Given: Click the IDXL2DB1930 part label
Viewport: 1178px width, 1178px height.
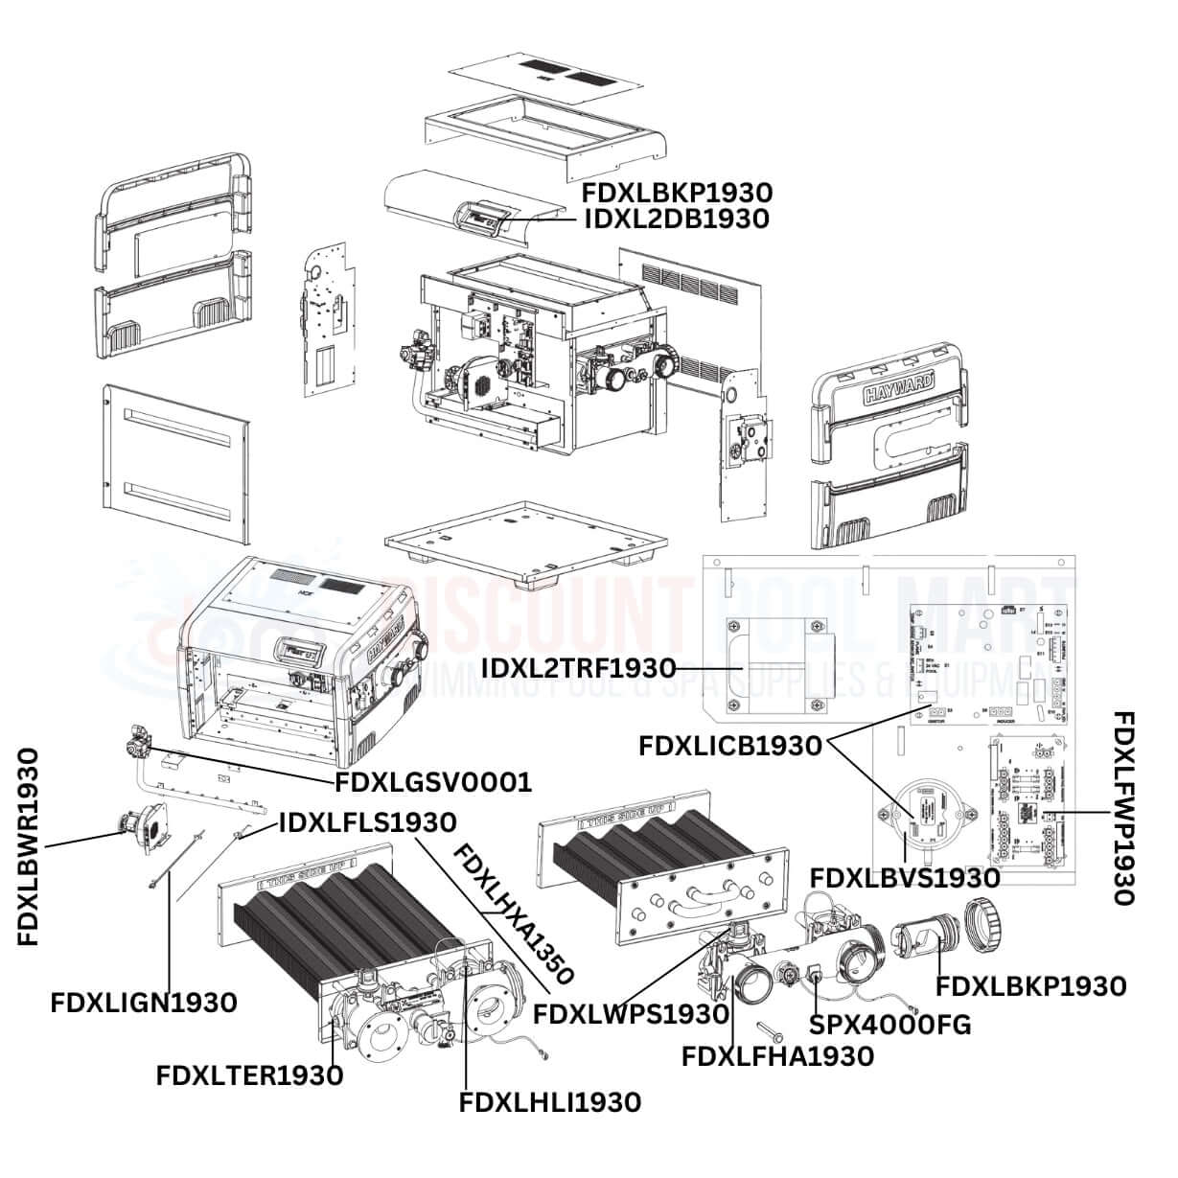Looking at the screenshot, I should click(676, 219).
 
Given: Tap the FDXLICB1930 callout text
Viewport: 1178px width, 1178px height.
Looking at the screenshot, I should click(730, 747).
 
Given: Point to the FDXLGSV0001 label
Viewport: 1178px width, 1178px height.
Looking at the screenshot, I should click(432, 783).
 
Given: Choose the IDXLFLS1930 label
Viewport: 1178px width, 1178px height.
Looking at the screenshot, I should click(367, 821).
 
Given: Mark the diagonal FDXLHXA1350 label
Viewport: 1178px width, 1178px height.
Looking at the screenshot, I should click(513, 914).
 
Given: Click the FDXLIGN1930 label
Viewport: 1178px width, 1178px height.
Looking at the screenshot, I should click(144, 1004).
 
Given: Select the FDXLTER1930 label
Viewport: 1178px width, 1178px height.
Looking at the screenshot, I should click(249, 1075).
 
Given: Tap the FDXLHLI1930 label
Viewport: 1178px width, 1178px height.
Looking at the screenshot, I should click(550, 1103).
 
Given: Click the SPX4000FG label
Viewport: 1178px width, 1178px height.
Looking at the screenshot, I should click(890, 1025).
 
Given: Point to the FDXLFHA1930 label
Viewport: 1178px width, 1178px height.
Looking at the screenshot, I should click(777, 1056).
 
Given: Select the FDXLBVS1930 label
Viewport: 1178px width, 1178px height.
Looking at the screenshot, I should click(906, 877).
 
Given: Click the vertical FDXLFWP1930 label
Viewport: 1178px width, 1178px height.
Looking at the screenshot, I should click(1123, 808).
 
